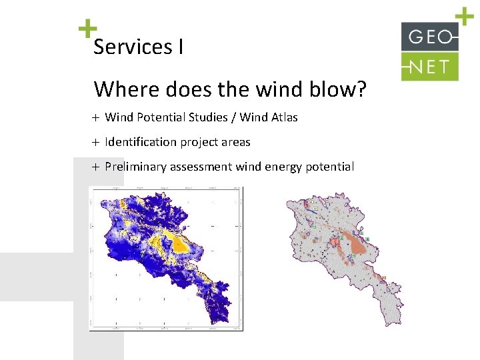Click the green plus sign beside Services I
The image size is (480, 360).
click(87, 29)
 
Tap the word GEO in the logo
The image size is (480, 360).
click(429, 37)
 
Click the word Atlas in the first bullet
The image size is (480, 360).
click(283, 117)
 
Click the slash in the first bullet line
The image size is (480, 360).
click(233, 117)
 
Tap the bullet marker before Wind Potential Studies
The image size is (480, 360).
click(95, 118)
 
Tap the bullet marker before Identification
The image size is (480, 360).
click(95, 143)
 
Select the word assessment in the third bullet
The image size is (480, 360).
click(201, 167)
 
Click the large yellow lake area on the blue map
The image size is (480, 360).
click(179, 245)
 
